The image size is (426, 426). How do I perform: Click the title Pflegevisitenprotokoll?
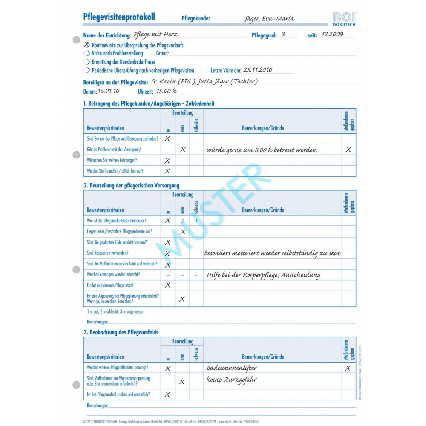pyautogui.click(x=119, y=17)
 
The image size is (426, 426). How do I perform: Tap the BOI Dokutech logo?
pyautogui.click(x=345, y=19)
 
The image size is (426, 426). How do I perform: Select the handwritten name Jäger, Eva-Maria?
pyautogui.click(x=269, y=18)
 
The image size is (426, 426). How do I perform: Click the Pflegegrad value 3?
pyautogui.click(x=283, y=35)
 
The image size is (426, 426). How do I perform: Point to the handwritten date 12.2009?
pyautogui.click(x=332, y=35)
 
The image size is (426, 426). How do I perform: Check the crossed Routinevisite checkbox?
pyautogui.click(x=87, y=45)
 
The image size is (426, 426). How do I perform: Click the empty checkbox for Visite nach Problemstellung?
pyautogui.click(x=87, y=53)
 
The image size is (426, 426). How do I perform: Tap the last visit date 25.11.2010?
pyautogui.click(x=258, y=70)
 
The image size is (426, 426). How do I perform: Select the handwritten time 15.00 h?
pyautogui.click(x=167, y=91)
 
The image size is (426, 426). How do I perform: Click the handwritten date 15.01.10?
pyautogui.click(x=109, y=91)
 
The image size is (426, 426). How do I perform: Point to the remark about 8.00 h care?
pyautogui.click(x=262, y=150)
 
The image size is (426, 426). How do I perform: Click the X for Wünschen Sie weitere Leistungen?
pyautogui.click(x=167, y=161)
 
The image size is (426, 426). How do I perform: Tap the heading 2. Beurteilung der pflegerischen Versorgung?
pyautogui.click(x=131, y=185)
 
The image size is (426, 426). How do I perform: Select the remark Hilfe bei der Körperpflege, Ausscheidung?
pyautogui.click(x=263, y=275)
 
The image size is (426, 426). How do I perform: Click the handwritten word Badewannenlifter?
pyautogui.click(x=232, y=368)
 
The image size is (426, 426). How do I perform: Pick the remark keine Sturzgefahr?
pyautogui.click(x=232, y=379)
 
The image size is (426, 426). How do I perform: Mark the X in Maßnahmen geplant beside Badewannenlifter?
pyautogui.click(x=348, y=368)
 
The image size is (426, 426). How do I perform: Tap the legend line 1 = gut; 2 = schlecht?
pyautogui.click(x=115, y=311)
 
